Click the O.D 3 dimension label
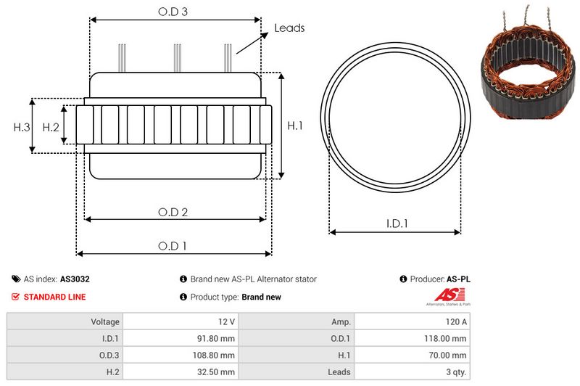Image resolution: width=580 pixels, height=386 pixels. pyautogui.click(x=173, y=12)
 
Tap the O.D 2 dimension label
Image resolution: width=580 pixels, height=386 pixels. pyautogui.click(x=173, y=212)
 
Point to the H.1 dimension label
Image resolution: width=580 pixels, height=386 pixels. pyautogui.click(x=295, y=126)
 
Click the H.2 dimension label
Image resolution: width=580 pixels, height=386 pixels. pyautogui.click(x=51, y=127)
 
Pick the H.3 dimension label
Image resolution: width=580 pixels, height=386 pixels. pyautogui.click(x=22, y=127)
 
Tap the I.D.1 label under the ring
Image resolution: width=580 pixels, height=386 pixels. pyautogui.click(x=396, y=224)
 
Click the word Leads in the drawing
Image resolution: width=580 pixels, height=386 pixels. pyautogui.click(x=289, y=28)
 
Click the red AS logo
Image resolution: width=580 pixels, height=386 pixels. pyautogui.click(x=444, y=295)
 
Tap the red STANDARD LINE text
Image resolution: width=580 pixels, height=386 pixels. pyautogui.click(x=54, y=297)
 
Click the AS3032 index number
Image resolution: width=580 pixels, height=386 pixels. pyautogui.click(x=75, y=279)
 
